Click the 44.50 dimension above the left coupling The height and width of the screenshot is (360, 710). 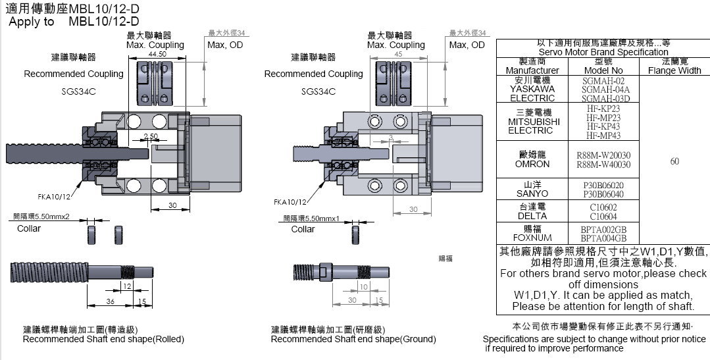pos(157,54)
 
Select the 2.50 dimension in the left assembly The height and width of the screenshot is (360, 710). pos(151,136)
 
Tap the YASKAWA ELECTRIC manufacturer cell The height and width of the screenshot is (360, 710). pos(532,89)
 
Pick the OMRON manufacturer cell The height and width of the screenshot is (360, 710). pos(532,159)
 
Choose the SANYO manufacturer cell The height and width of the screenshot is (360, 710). pos(532,190)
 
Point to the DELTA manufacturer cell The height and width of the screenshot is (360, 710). pos(532,211)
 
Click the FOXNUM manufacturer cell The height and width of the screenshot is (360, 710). pos(532,233)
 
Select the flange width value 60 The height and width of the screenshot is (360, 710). pos(674,161)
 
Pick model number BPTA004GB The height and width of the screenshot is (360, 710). pos(603,238)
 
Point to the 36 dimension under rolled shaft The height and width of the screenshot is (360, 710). pos(110,301)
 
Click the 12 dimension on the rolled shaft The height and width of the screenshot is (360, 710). pos(126,286)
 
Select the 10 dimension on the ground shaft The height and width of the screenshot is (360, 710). pos(363,286)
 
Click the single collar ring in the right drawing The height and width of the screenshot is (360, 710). pos(357,234)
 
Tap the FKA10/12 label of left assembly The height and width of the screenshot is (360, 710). pos(53,196)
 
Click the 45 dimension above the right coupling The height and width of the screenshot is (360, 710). pos(398,55)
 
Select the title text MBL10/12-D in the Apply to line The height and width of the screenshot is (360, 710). pos(103,21)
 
